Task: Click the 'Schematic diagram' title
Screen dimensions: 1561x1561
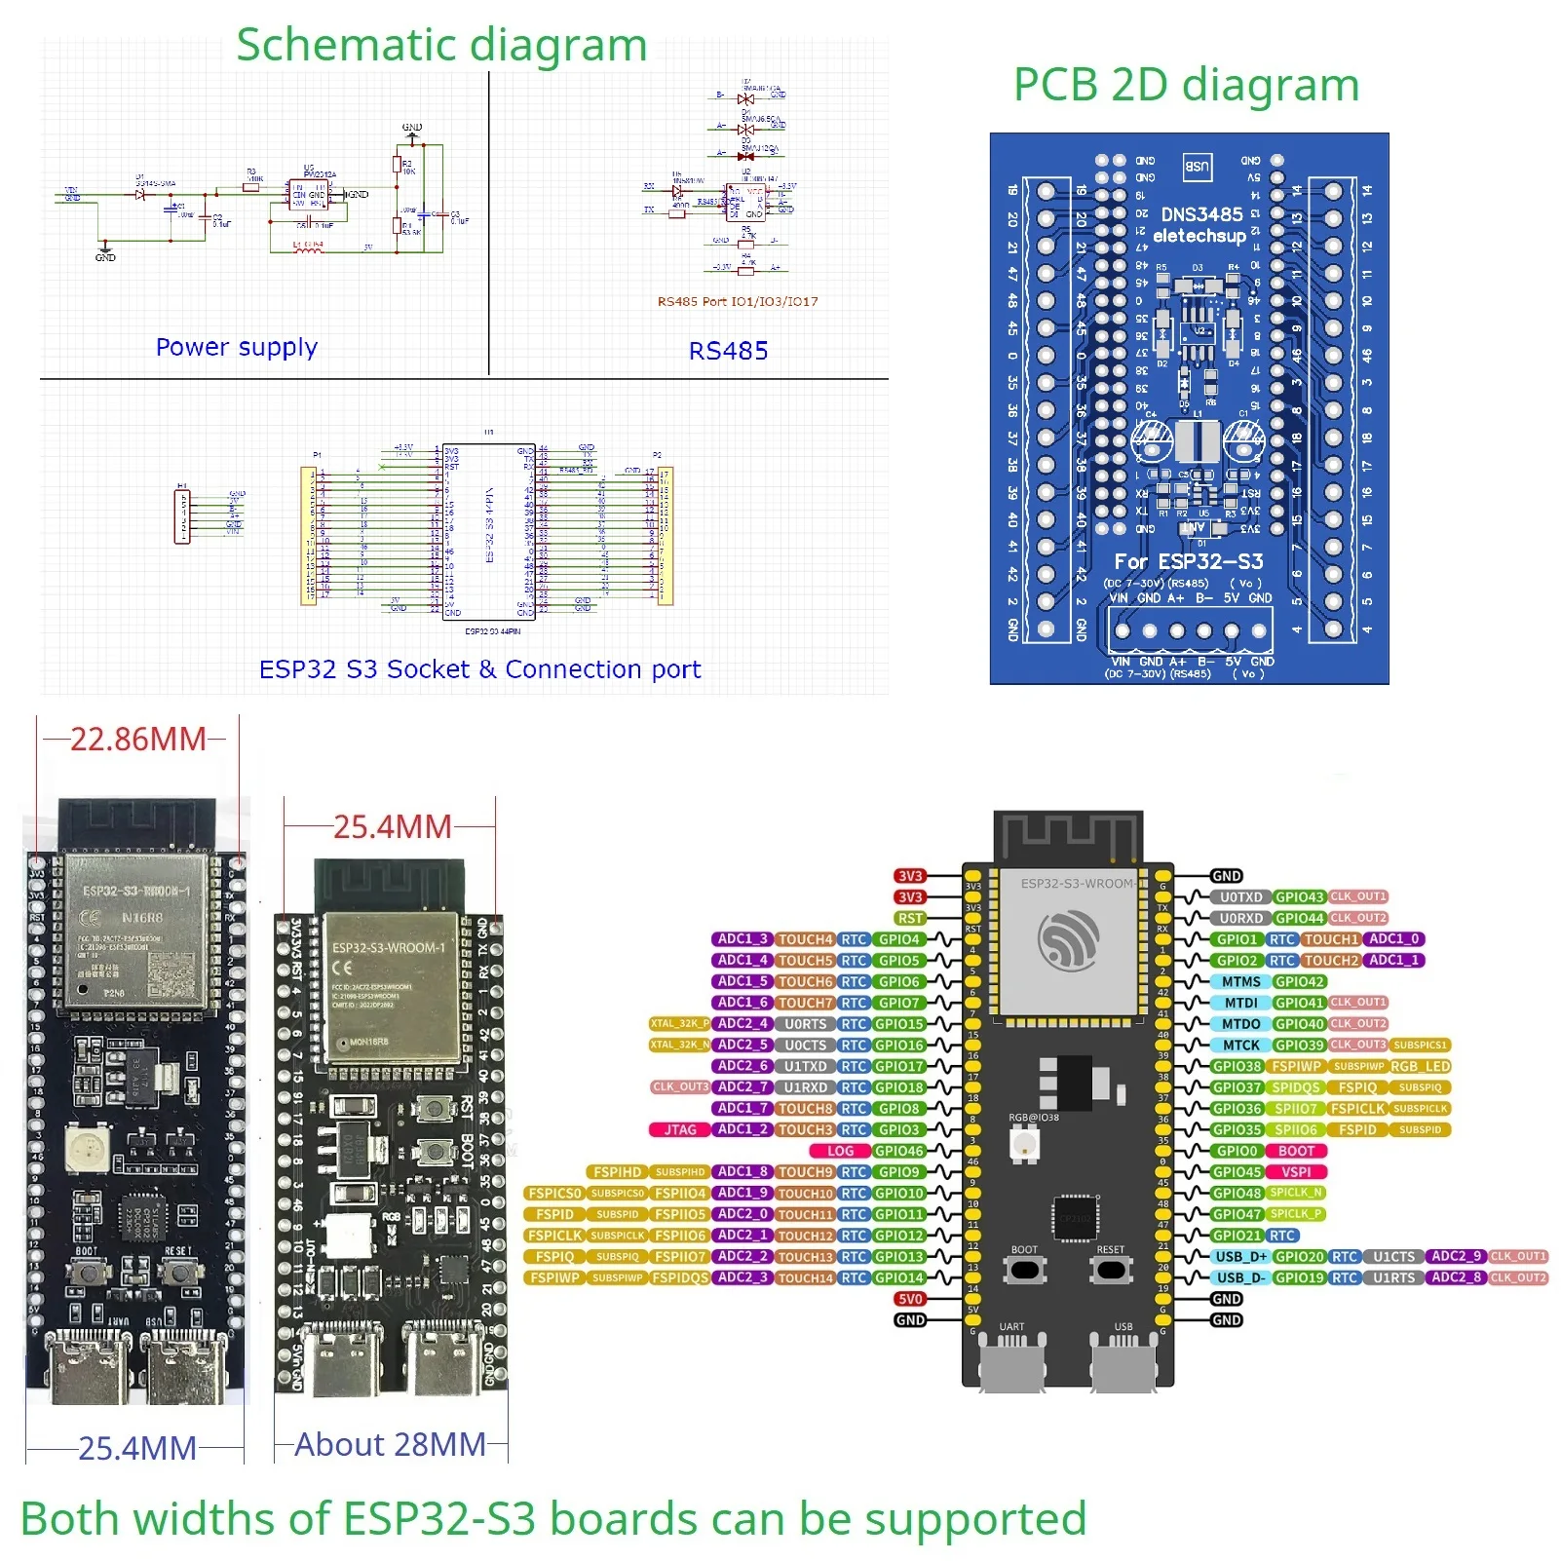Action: (441, 45)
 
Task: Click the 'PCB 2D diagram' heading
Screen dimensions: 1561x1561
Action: (1186, 85)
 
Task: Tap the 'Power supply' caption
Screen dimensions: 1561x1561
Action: (237, 347)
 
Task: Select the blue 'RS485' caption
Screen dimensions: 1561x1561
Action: (728, 351)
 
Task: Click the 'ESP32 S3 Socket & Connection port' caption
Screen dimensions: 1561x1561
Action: (479, 669)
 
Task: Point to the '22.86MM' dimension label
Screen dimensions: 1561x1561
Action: (137, 740)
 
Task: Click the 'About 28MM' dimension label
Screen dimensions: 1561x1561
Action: (390, 1444)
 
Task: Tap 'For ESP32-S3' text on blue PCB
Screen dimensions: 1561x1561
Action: (1188, 561)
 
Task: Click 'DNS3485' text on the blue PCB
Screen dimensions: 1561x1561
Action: (1201, 214)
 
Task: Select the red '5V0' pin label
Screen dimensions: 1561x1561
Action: (910, 1299)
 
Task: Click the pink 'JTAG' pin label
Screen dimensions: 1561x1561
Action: (680, 1129)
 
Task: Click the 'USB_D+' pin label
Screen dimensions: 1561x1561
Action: (1240, 1256)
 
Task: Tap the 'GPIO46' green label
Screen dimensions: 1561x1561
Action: (898, 1151)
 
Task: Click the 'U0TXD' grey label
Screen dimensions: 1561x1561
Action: (1240, 896)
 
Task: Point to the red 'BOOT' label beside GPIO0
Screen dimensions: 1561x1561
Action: (1296, 1151)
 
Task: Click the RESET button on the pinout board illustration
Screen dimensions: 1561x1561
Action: (1110, 1270)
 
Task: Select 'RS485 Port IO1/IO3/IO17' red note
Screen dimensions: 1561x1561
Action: (738, 301)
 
